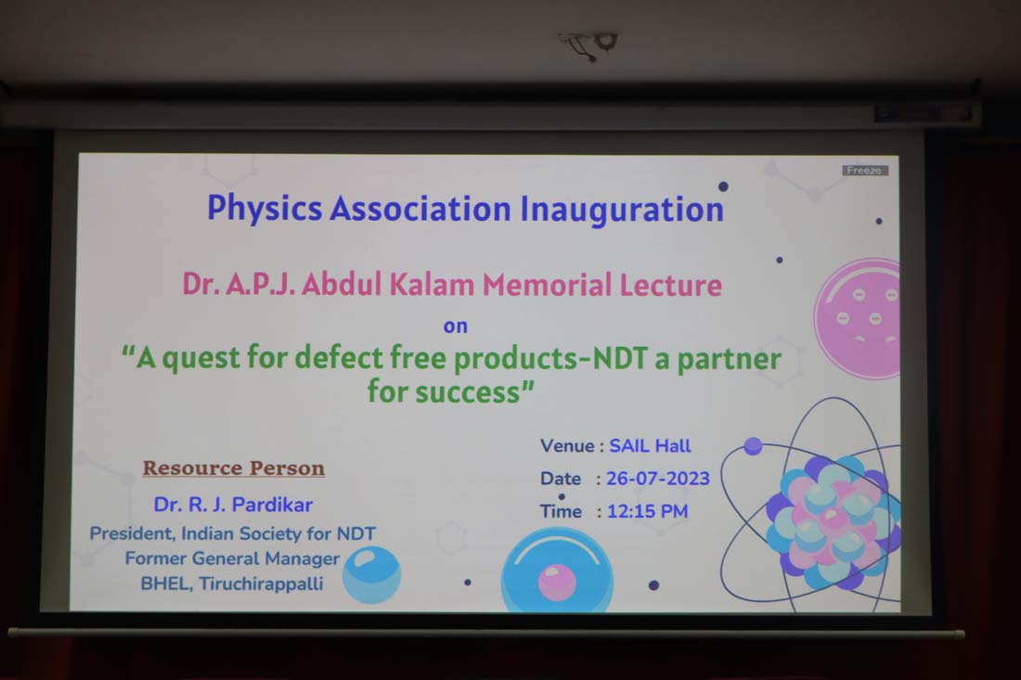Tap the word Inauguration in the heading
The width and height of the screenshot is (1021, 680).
point(622,210)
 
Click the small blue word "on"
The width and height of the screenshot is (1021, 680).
point(455,326)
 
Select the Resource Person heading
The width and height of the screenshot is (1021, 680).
point(234,468)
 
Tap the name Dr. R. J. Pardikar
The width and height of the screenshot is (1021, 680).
point(233,505)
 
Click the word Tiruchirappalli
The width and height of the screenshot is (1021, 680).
point(261,584)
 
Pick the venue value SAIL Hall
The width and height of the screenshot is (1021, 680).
point(650,445)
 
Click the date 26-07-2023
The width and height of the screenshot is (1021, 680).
point(658,479)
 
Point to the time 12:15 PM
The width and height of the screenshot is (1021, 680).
point(647,511)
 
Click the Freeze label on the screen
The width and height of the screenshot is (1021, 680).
point(864,171)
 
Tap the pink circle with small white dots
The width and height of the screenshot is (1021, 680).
point(857,318)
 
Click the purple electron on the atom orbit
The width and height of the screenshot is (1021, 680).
point(753,445)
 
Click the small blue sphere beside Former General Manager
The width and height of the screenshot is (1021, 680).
point(371,574)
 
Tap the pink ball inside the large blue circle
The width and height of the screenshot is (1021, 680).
point(557,582)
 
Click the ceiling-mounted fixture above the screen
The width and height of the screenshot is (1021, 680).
point(589,45)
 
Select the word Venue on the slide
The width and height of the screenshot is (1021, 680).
point(567,445)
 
